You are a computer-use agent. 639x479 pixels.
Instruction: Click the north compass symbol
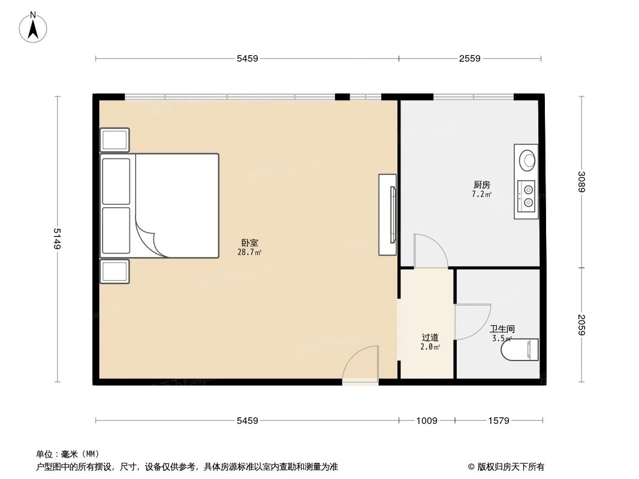(x=34, y=27)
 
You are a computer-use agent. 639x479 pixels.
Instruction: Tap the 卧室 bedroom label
(x=250, y=243)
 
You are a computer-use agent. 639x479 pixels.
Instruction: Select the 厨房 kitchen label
(x=481, y=185)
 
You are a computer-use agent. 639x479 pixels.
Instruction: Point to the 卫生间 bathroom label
(x=502, y=329)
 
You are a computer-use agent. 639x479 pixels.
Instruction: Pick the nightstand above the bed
(x=114, y=140)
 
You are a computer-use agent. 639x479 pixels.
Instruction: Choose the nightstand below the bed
(x=114, y=271)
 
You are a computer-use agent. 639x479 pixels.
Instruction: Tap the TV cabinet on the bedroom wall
(x=387, y=214)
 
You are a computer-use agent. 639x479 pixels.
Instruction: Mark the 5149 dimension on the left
(x=58, y=239)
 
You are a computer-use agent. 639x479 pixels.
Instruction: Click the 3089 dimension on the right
(x=581, y=182)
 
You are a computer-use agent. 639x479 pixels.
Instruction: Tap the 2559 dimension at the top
(x=470, y=59)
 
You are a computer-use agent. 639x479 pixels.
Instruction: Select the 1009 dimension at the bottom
(x=427, y=421)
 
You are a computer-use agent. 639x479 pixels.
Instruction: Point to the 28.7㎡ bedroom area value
(x=249, y=253)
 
